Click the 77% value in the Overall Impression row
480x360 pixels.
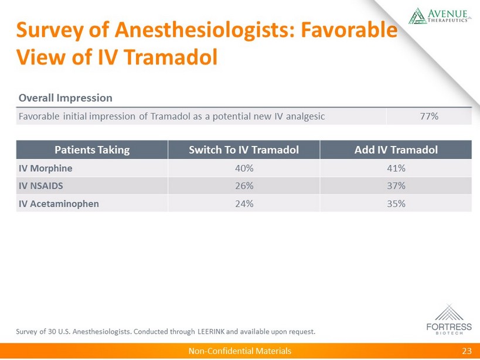click(x=430, y=116)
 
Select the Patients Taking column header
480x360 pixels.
click(x=92, y=150)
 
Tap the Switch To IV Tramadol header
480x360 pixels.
click(x=244, y=150)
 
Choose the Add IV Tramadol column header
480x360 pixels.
click(x=396, y=150)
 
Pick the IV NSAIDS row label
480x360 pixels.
click(x=42, y=186)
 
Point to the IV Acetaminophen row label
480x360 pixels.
click(x=59, y=204)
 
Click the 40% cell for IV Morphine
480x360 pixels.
click(x=244, y=168)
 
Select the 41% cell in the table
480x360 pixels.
click(x=396, y=168)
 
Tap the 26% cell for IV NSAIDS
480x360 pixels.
click(x=244, y=186)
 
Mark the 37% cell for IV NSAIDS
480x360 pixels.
click(x=396, y=186)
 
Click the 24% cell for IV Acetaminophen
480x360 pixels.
click(x=244, y=204)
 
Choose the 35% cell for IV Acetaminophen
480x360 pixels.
click(x=396, y=204)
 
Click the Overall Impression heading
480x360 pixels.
click(x=66, y=97)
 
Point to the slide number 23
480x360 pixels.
click(x=467, y=351)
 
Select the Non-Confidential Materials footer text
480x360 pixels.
click(x=239, y=351)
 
